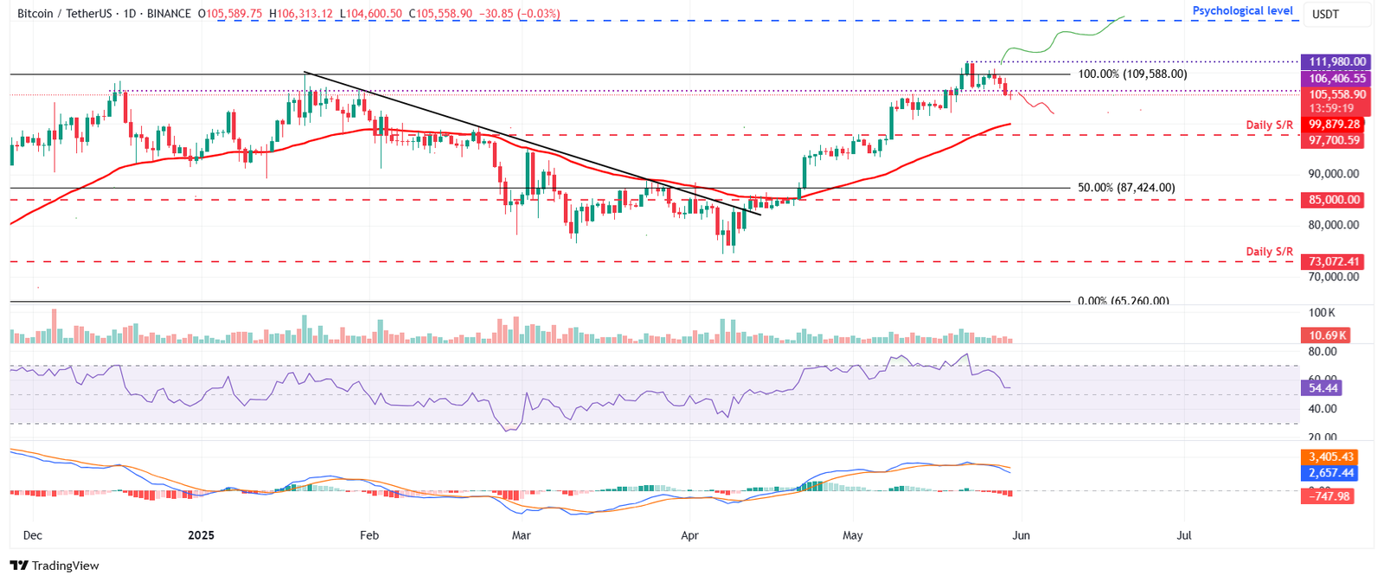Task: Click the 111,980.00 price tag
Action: tap(1337, 61)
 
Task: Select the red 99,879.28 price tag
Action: tap(1334, 125)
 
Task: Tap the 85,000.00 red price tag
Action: tap(1334, 200)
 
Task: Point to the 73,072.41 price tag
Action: tap(1334, 261)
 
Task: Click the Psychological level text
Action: tap(1242, 11)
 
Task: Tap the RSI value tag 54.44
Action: tap(1323, 388)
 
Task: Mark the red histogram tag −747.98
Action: tap(1330, 496)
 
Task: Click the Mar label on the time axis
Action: tap(521, 535)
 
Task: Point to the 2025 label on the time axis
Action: tap(201, 535)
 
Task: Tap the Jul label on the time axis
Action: tap(1184, 535)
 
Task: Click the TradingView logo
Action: tap(54, 566)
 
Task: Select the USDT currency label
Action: tap(1325, 15)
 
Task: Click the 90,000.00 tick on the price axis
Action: tap(1333, 174)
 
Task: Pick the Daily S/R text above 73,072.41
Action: tap(1269, 252)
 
